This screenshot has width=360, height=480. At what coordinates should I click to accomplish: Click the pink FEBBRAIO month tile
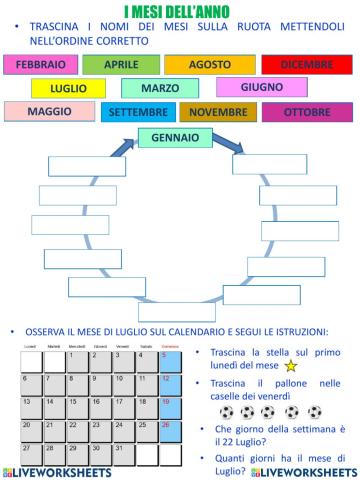point(41,64)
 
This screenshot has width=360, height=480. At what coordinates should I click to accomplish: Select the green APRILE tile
point(121,64)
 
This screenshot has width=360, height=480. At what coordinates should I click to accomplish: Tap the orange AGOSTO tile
point(209,64)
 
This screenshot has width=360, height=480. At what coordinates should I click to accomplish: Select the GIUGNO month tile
point(262,87)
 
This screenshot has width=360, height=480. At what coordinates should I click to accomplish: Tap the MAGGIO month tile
point(50,111)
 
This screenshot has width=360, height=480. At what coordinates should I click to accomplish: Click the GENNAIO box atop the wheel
point(175,137)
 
